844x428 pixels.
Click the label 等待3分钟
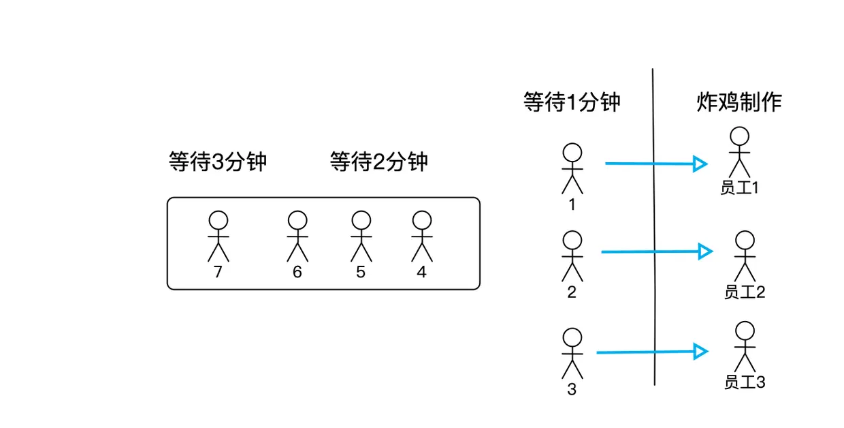point(217,162)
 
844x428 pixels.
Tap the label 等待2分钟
point(378,162)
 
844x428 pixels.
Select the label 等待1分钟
point(572,102)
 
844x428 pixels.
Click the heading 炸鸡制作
point(739,102)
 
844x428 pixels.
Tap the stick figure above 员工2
point(745,256)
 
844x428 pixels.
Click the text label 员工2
point(745,292)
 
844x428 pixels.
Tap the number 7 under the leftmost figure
point(218,273)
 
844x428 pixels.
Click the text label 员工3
point(745,382)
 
